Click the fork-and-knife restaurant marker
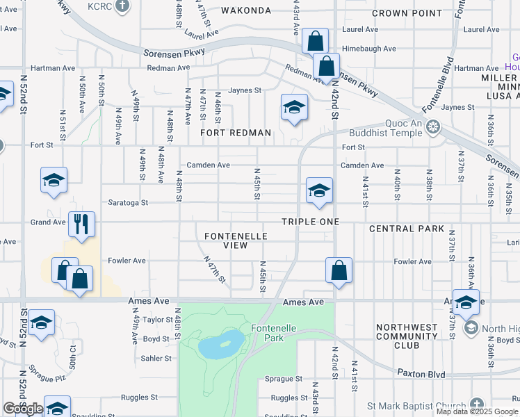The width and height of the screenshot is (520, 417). point(81,224)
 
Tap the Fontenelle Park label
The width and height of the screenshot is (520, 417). point(263,334)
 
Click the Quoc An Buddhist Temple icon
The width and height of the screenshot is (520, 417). point(434,126)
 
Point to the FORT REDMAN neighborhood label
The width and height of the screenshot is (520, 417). point(235,132)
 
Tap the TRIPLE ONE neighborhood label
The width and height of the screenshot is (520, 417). point(310,222)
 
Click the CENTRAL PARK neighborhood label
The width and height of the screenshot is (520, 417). point(406,229)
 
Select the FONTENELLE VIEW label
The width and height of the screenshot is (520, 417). point(236,240)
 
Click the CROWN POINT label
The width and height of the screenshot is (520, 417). point(407,13)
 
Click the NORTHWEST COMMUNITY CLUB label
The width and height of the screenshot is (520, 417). point(407,336)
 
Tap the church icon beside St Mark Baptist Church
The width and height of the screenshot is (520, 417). point(476,404)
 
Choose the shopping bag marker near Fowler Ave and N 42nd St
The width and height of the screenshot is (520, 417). point(339,270)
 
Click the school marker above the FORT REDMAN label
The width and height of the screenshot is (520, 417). point(294,107)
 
